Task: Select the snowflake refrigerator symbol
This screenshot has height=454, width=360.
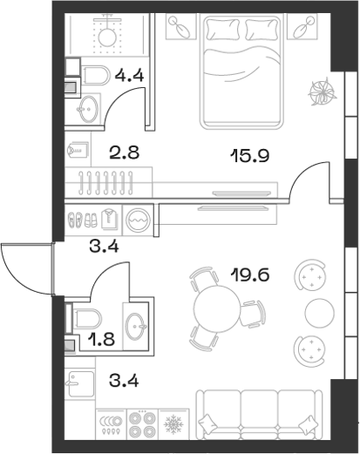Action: [x=170, y=424]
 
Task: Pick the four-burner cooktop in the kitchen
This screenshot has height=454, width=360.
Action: [x=139, y=424]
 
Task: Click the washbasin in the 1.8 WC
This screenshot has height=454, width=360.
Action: [x=135, y=327]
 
